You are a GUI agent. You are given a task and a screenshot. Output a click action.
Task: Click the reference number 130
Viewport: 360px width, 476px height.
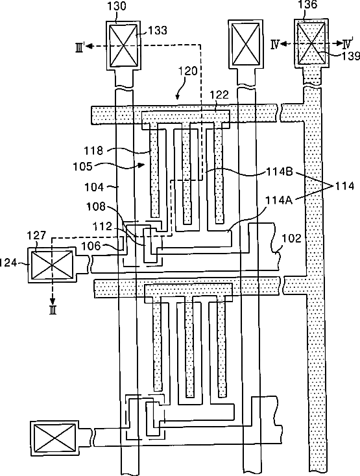click(x=117, y=6)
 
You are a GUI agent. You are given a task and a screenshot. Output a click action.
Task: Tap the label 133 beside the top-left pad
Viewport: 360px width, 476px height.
click(x=157, y=30)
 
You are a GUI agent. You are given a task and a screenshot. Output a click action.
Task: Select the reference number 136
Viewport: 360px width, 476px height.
click(x=307, y=5)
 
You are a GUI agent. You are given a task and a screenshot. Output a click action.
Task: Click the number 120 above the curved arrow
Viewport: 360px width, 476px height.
click(x=188, y=71)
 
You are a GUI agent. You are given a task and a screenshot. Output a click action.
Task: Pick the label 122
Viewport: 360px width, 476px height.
click(x=219, y=95)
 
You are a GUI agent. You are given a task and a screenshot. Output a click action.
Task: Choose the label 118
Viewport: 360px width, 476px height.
click(x=94, y=150)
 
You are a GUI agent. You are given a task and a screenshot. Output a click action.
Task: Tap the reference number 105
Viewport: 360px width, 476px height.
click(x=82, y=167)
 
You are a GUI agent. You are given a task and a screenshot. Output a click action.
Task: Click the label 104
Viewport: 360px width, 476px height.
click(x=94, y=187)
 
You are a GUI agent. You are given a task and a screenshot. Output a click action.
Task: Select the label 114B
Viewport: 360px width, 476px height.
click(x=280, y=172)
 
